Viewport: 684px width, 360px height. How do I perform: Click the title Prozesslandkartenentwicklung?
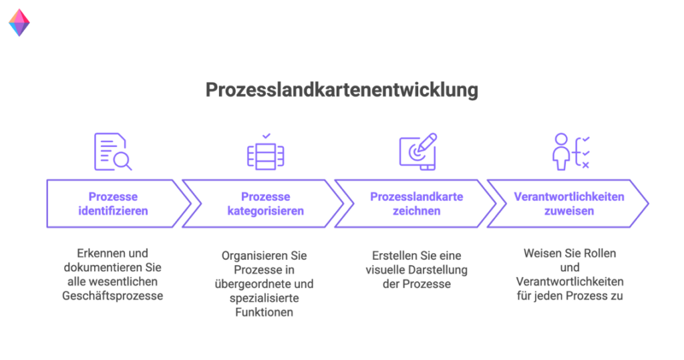(341, 90)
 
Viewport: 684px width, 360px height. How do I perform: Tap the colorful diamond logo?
(19, 22)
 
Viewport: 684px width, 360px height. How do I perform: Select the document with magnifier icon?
(112, 152)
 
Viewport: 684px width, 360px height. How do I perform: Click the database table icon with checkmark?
(266, 152)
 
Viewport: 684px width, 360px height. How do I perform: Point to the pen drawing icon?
(417, 152)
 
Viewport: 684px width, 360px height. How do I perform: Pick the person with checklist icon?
(570, 152)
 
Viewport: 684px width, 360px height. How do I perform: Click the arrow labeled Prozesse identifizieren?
(113, 204)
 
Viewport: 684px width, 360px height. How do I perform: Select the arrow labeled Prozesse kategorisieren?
(265, 204)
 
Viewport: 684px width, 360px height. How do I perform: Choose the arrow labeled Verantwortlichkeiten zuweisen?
(568, 204)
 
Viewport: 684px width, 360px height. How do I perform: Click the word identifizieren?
(113, 211)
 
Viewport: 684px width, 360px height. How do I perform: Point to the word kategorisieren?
(265, 211)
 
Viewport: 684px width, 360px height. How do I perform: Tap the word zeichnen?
(416, 211)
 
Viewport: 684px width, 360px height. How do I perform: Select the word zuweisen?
(569, 211)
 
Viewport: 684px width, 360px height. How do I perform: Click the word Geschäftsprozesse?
(113, 296)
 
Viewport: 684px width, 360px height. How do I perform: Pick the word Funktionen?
(265, 313)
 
